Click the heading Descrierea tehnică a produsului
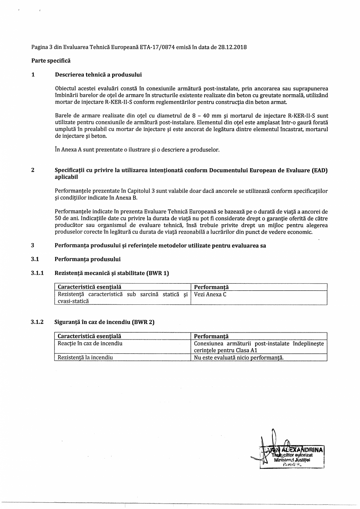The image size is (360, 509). tap(98, 74)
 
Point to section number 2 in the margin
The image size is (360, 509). tap(33, 170)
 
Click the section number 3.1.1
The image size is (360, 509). tap(37, 273)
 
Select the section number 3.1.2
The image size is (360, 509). tap(37, 322)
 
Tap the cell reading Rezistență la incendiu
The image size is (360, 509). tap(85, 357)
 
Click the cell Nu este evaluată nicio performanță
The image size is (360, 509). tap(239, 357)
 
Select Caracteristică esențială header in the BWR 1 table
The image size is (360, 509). tap(89, 287)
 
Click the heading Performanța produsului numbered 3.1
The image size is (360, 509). tap(88, 259)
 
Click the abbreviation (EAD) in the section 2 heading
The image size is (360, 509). tap(320, 170)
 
